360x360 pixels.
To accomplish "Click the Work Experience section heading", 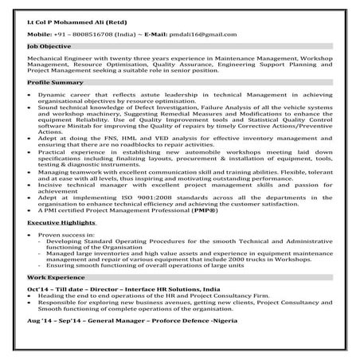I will (x=55, y=297).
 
